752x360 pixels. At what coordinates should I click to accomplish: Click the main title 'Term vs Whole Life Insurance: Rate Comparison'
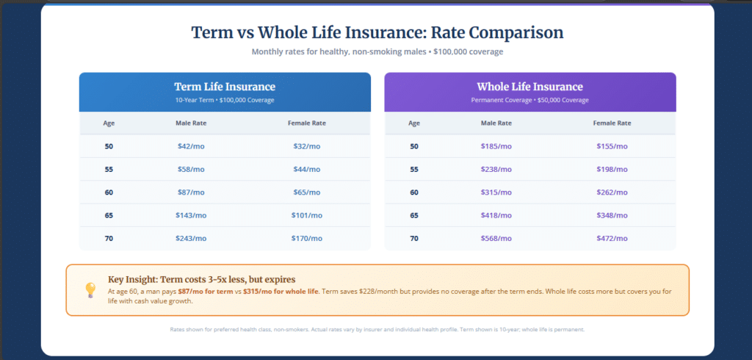tap(377, 33)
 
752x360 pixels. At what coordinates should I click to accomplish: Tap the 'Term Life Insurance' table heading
tap(225, 87)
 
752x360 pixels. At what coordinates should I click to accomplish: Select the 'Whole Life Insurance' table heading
tap(529, 87)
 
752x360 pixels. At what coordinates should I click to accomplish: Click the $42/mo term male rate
tap(191, 146)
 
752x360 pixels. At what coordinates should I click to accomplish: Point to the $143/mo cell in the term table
tap(191, 215)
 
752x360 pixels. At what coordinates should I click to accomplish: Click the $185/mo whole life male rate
tap(496, 146)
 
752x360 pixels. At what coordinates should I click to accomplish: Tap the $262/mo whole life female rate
tap(612, 192)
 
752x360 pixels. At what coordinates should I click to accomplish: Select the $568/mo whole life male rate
tap(496, 238)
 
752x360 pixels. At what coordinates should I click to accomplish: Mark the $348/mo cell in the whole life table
tap(612, 215)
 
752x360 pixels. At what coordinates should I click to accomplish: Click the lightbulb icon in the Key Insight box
tap(90, 289)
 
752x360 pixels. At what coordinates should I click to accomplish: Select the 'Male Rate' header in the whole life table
tap(496, 123)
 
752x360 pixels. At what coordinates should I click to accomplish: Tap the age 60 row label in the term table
tap(109, 192)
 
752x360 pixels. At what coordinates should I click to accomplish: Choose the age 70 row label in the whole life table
tap(414, 238)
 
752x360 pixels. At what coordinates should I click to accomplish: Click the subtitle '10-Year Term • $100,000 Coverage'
tap(225, 100)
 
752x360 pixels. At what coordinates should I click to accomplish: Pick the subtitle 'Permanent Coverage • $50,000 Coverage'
tap(529, 100)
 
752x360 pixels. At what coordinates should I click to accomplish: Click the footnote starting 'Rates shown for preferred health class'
tap(377, 329)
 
